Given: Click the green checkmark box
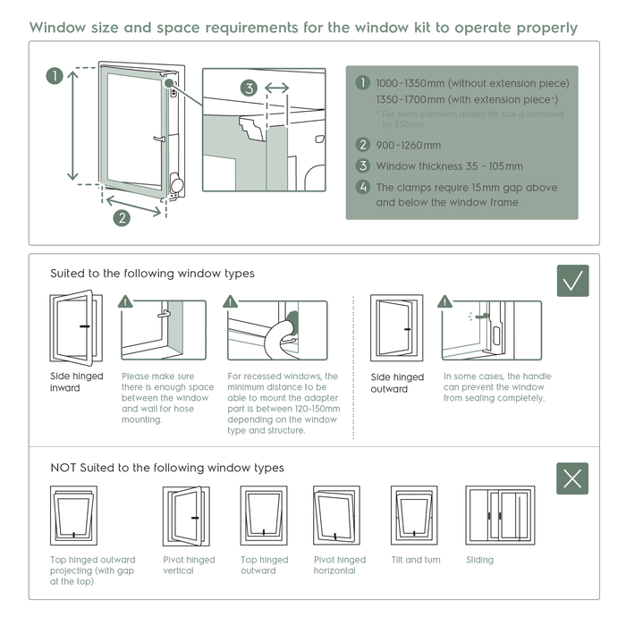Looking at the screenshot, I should coord(572,280).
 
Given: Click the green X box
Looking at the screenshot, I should coord(572,478).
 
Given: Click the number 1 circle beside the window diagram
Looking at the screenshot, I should coord(55,76).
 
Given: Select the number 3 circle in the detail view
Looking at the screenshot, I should coord(250,89).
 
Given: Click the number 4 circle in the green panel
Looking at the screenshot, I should coord(362,188).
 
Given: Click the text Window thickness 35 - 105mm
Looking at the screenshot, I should coord(449,166).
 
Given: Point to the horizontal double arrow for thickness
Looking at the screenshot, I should coord(277,89).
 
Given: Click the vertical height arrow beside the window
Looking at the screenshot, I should coord(74,124).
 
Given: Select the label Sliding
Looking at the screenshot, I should coord(479,560).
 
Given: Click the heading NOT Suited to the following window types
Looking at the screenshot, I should coord(167,468).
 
